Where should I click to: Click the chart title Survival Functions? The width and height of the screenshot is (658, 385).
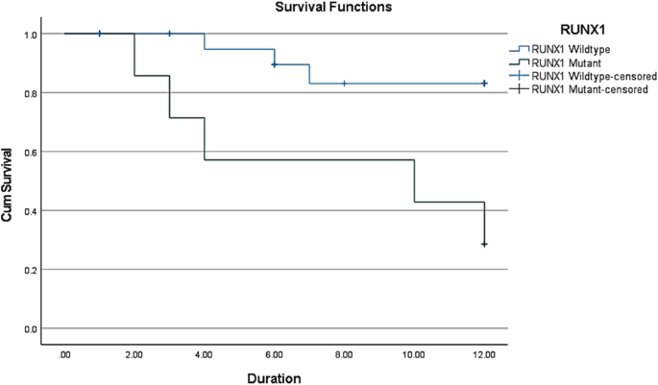point(276,8)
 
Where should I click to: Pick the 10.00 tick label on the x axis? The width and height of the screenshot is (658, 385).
point(414,354)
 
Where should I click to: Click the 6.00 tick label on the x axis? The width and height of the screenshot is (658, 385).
point(275,354)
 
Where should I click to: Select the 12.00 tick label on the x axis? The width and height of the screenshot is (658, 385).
point(484,354)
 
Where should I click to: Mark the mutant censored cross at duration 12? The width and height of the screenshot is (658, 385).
point(484,245)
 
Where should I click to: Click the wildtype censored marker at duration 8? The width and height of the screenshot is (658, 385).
point(345,84)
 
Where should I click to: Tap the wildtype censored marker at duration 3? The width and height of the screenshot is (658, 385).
point(170,34)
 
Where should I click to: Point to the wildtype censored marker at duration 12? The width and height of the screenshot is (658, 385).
point(484,84)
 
